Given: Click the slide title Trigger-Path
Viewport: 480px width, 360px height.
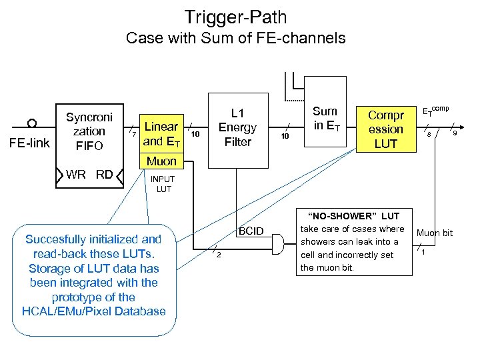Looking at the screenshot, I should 240,16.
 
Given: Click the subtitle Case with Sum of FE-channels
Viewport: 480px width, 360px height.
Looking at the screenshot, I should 236,38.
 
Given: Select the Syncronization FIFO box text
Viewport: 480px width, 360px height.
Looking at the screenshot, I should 89,131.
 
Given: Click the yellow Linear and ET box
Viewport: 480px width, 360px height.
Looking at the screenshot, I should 161,133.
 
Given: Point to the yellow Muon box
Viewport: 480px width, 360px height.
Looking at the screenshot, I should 161,161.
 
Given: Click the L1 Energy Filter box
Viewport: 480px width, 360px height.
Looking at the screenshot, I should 237,127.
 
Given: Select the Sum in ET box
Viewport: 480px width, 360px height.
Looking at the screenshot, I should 325,119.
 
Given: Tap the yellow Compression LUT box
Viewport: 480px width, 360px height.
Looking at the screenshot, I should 386,129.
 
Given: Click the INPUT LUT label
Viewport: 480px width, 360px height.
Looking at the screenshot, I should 163,184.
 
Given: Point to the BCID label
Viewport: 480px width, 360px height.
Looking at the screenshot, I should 252,231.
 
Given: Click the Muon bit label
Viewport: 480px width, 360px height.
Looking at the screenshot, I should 435,233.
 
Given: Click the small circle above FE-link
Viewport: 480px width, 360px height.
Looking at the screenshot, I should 31,123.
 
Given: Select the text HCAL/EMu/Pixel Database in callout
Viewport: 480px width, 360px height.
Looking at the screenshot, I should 94,311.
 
